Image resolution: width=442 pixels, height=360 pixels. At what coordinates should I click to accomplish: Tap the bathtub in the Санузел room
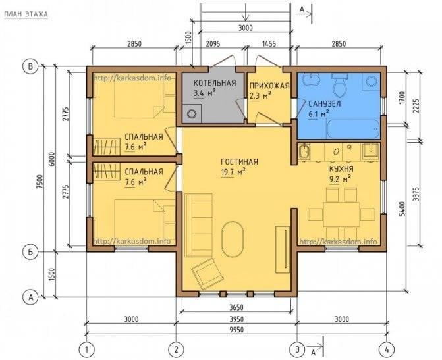click(x=352, y=129)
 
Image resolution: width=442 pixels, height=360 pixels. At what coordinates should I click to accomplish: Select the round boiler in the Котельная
click(x=192, y=113)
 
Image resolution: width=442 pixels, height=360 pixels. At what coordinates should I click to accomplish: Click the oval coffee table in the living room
click(x=233, y=239)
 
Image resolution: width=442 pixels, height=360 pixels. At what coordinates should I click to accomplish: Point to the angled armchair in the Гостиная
click(x=207, y=274)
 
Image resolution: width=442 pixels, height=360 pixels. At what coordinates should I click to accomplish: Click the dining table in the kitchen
click(x=341, y=215)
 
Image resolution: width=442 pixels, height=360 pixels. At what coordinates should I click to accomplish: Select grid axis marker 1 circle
click(x=87, y=350)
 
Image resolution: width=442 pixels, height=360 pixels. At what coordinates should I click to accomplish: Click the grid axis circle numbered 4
click(x=387, y=350)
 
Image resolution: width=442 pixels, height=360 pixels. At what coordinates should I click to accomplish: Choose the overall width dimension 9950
click(x=236, y=330)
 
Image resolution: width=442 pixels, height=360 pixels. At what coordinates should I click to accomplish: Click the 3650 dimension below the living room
click(x=236, y=307)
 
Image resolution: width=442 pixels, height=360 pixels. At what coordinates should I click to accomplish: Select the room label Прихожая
click(x=270, y=86)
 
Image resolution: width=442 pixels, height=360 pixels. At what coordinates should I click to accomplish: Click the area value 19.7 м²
click(x=233, y=172)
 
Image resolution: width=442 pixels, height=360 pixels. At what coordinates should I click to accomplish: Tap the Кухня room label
click(x=341, y=169)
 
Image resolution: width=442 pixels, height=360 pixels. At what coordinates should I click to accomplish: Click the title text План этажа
click(x=26, y=14)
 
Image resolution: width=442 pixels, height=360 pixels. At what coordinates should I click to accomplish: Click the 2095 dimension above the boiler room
click(x=213, y=44)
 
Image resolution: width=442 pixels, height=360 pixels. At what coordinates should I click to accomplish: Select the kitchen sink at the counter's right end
click(x=370, y=151)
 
